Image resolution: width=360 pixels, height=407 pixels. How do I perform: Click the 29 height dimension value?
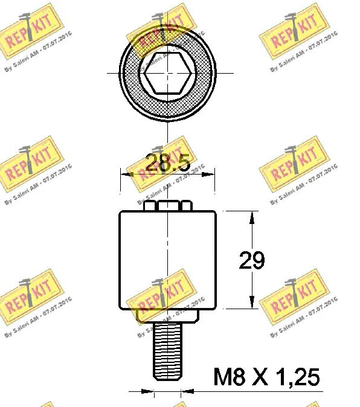pyautogui.click(x=251, y=260)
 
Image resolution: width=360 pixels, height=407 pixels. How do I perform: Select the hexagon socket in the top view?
pyautogui.click(x=167, y=72)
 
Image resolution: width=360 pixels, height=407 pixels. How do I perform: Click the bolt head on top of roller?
pyautogui.click(x=168, y=205)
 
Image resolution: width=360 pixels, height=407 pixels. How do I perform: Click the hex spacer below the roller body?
pyautogui.click(x=167, y=315)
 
